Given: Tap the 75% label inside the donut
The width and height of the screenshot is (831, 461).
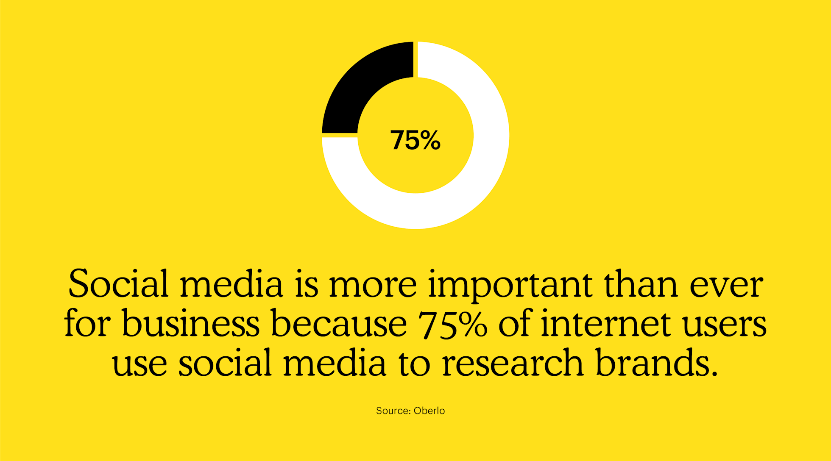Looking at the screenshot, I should coord(415,140).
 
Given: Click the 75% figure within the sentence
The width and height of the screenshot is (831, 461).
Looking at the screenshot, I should coord(453,324).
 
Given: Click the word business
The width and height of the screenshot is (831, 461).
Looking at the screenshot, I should coord(190,324).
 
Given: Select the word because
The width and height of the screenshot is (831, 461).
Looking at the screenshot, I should coord(339,324).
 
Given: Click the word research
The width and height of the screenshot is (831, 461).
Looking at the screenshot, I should coord(512,363).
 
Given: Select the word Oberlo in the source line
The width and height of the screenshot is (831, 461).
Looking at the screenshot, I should coord(429,411).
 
